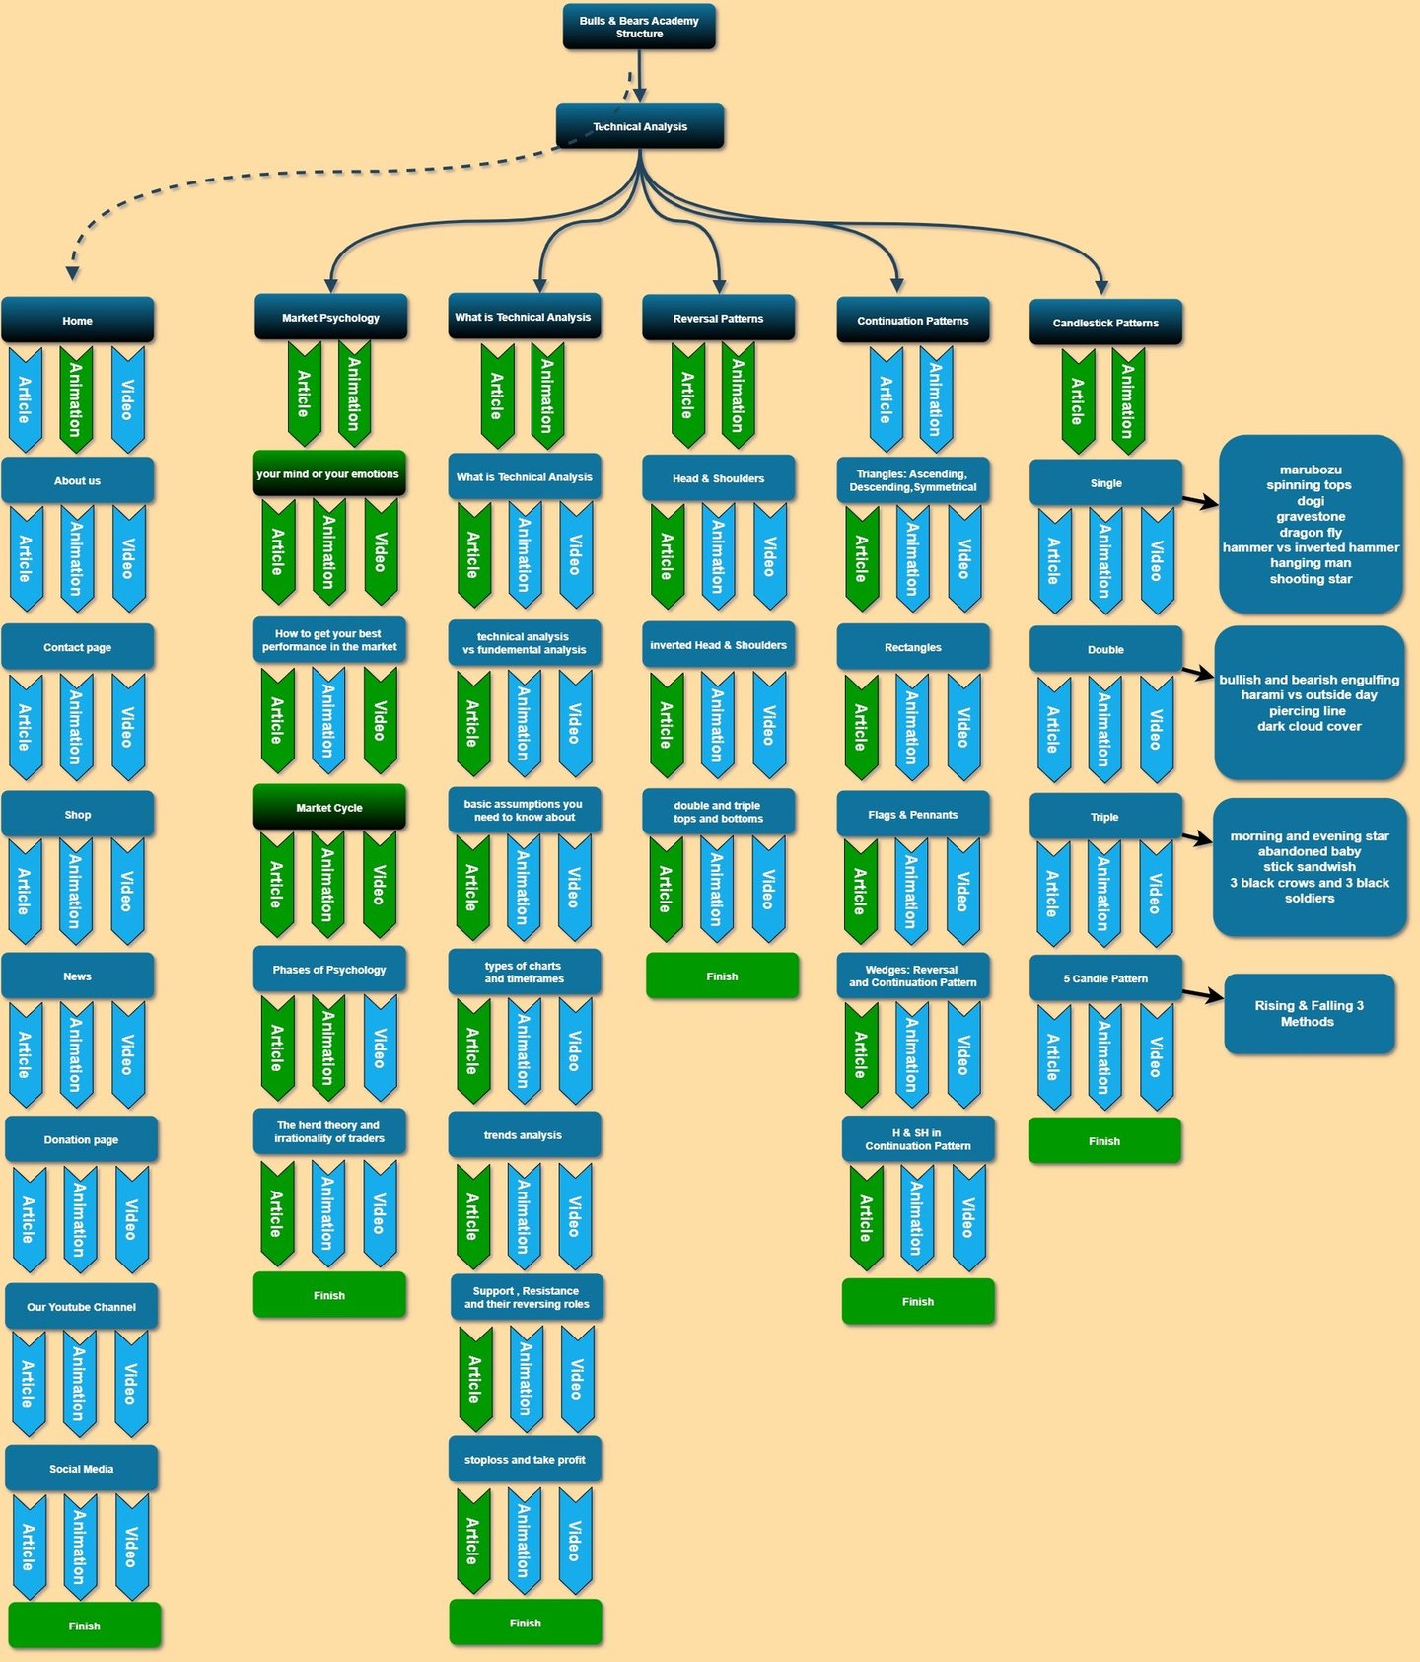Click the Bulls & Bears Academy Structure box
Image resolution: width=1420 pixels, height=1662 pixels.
pos(639,27)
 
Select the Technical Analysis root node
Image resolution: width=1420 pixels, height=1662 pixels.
pos(640,126)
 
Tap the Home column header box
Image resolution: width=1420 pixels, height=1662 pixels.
pos(78,321)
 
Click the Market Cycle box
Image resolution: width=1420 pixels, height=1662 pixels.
pos(329,807)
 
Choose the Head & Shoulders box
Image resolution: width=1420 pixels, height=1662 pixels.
pos(718,478)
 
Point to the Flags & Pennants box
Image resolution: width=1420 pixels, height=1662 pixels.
pos(912,815)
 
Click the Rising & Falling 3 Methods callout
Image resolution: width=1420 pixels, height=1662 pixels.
pos(1309,1014)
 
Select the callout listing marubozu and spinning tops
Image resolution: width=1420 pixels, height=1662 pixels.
pos(1311,525)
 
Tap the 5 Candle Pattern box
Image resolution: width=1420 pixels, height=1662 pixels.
pos(1105,978)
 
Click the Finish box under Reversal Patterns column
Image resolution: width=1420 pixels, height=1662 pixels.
pos(722,976)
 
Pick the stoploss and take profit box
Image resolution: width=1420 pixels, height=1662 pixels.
pos(525,1460)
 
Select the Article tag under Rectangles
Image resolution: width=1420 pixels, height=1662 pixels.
pos(862,727)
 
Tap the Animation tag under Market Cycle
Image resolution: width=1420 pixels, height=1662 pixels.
pos(328,884)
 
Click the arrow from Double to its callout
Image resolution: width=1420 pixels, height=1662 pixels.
pos(1198,674)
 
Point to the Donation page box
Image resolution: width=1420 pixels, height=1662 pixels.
pos(81,1139)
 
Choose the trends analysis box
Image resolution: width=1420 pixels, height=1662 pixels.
pos(524,1135)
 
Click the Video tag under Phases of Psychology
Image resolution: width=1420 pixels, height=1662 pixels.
pos(380,1048)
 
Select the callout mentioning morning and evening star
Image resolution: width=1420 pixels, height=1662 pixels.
pos(1310,867)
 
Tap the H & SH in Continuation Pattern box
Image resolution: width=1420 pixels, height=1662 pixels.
pos(918,1139)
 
